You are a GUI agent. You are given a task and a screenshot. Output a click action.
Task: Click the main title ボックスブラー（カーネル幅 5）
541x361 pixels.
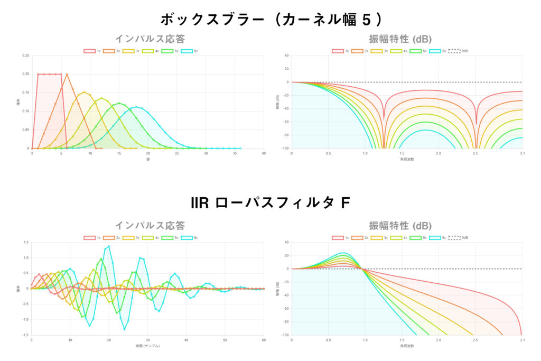tap(270, 20)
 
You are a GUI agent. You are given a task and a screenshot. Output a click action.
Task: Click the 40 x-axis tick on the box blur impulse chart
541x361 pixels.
tap(264, 153)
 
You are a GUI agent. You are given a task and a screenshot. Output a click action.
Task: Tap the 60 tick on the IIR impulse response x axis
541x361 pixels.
tap(264, 340)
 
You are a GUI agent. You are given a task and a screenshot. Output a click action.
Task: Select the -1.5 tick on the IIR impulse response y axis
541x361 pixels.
tap(25, 335)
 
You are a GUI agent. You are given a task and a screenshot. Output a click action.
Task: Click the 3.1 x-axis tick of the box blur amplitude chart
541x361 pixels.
tap(522, 153)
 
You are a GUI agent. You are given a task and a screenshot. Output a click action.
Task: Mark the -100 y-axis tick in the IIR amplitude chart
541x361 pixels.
tap(285, 335)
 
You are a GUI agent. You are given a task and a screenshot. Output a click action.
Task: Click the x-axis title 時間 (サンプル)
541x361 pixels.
tap(147, 346)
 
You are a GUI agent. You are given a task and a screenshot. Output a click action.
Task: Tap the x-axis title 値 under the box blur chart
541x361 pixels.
tap(148, 159)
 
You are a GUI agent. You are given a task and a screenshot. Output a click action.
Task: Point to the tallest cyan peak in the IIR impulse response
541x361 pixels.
tap(109, 246)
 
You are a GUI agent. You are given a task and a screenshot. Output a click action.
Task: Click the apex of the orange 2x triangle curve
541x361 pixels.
tap(67, 74)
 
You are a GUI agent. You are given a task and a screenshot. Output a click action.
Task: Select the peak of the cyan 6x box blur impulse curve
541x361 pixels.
tap(136, 107)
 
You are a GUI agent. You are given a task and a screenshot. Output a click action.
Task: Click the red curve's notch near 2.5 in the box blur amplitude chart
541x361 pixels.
tap(477, 124)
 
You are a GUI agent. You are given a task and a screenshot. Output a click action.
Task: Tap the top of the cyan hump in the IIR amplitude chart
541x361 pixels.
tap(343, 253)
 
